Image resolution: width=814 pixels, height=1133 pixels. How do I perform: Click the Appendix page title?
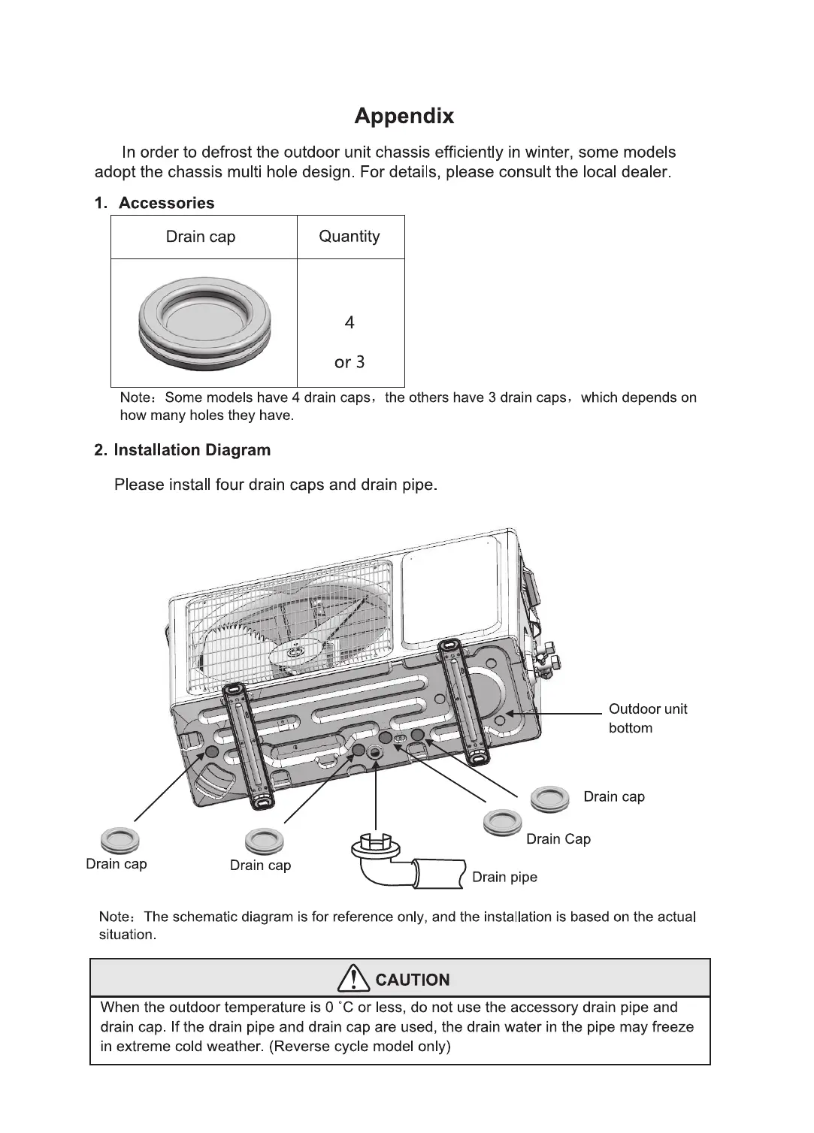pyautogui.click(x=404, y=116)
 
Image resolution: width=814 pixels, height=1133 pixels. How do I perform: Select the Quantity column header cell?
pyautogui.click(x=350, y=237)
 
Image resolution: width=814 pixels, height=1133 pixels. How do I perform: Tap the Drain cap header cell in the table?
pyautogui.click(x=201, y=237)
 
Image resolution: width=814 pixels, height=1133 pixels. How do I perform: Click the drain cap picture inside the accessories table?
pyautogui.click(x=204, y=323)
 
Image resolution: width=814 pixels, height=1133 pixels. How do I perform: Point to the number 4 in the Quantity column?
pyautogui.click(x=350, y=322)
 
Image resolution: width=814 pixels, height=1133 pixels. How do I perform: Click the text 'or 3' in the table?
pyautogui.click(x=350, y=362)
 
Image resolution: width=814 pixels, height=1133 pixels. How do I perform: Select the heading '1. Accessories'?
pyautogui.click(x=154, y=203)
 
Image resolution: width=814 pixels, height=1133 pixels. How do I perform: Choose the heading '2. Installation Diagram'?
pyautogui.click(x=182, y=450)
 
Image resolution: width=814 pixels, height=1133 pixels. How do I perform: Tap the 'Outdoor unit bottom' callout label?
pyautogui.click(x=647, y=718)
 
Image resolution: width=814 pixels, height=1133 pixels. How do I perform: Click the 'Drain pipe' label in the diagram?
pyautogui.click(x=504, y=878)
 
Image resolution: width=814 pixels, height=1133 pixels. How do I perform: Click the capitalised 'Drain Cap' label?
pyautogui.click(x=558, y=839)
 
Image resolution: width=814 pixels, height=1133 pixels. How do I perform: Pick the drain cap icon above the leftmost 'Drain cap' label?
pyautogui.click(x=119, y=838)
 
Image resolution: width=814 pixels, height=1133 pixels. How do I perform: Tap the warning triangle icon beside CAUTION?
pyautogui.click(x=353, y=979)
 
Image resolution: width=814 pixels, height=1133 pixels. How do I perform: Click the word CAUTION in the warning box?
pyautogui.click(x=412, y=980)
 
